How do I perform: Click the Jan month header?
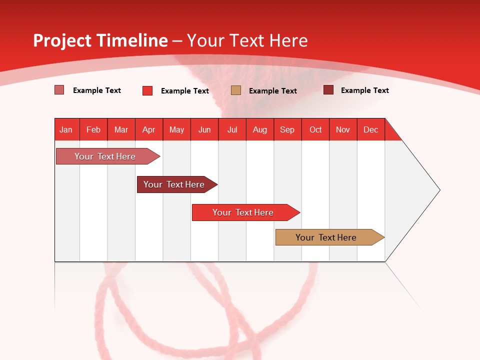[x=66, y=129]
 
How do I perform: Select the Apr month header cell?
[x=148, y=129]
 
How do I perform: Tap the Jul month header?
[x=232, y=129]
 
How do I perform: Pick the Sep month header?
[x=287, y=129]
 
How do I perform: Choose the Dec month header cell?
[x=370, y=129]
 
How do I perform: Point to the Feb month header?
[x=93, y=129]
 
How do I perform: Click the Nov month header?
[x=343, y=129]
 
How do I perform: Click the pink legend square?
[x=59, y=90]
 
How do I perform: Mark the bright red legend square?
[x=147, y=90]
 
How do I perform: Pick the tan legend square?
[x=236, y=90]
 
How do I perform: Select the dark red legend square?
[x=328, y=90]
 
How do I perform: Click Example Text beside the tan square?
[x=273, y=91]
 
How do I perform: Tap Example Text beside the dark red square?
[x=365, y=90]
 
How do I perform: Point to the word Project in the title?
[x=61, y=40]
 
